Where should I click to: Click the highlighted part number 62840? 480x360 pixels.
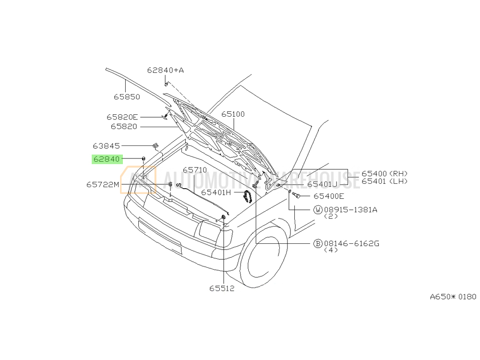click(x=107, y=159)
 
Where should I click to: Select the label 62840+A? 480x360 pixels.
click(x=165, y=71)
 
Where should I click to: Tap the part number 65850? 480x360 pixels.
click(x=127, y=97)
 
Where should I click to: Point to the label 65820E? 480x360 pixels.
click(x=122, y=117)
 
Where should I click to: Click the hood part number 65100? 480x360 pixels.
click(x=233, y=114)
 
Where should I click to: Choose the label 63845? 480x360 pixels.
click(x=106, y=146)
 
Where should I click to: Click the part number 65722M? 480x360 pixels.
click(x=103, y=185)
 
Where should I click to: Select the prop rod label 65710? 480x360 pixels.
click(x=195, y=170)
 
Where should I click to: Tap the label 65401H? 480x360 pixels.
click(x=216, y=192)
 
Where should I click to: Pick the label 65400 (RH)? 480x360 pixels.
click(x=384, y=174)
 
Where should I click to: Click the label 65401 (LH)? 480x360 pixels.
click(x=384, y=181)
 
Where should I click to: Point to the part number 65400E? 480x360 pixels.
click(x=329, y=196)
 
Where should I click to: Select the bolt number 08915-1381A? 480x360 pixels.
click(x=350, y=210)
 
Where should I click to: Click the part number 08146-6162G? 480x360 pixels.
click(x=351, y=244)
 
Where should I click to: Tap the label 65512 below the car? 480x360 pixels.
click(x=222, y=288)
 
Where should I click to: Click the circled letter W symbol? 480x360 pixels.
click(x=318, y=210)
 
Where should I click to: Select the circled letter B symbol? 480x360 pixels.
click(x=318, y=244)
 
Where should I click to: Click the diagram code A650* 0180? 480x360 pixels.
click(x=453, y=297)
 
